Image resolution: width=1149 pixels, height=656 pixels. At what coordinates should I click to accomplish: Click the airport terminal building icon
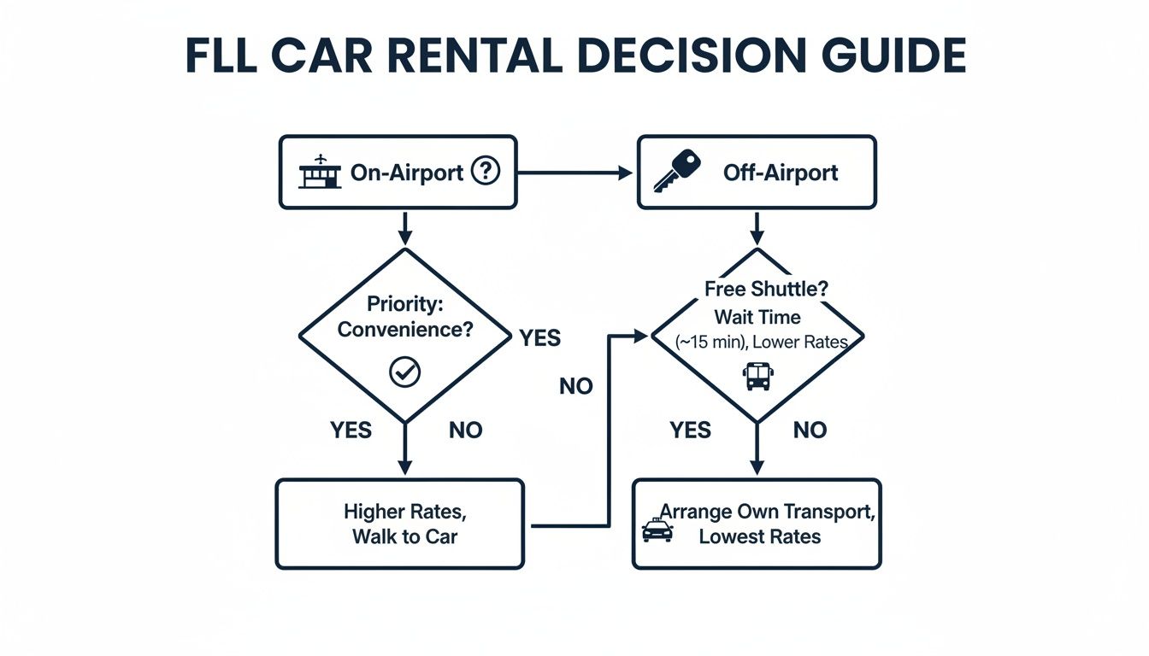pos(320,173)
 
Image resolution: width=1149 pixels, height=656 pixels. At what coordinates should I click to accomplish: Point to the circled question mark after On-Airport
pos(485,172)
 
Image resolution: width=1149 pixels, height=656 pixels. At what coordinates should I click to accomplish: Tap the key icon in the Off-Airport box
pos(676,171)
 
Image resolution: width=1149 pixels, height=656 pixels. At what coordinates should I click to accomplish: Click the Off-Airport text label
pos(781,173)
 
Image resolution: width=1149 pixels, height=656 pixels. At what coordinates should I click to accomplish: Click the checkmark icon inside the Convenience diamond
pos(404,372)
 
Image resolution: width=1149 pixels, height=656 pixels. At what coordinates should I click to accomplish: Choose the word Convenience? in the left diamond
pos(405,329)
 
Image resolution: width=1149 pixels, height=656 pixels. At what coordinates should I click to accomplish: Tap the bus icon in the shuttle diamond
pos(757,376)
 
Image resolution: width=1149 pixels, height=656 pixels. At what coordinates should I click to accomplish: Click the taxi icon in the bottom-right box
pos(657,530)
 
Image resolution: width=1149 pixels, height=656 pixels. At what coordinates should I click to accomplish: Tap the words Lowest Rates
pos(759,536)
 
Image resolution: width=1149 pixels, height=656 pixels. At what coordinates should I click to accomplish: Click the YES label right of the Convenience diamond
pos(539,338)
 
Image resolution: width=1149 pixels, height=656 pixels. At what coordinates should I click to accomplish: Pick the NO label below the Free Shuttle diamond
pos(809,430)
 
